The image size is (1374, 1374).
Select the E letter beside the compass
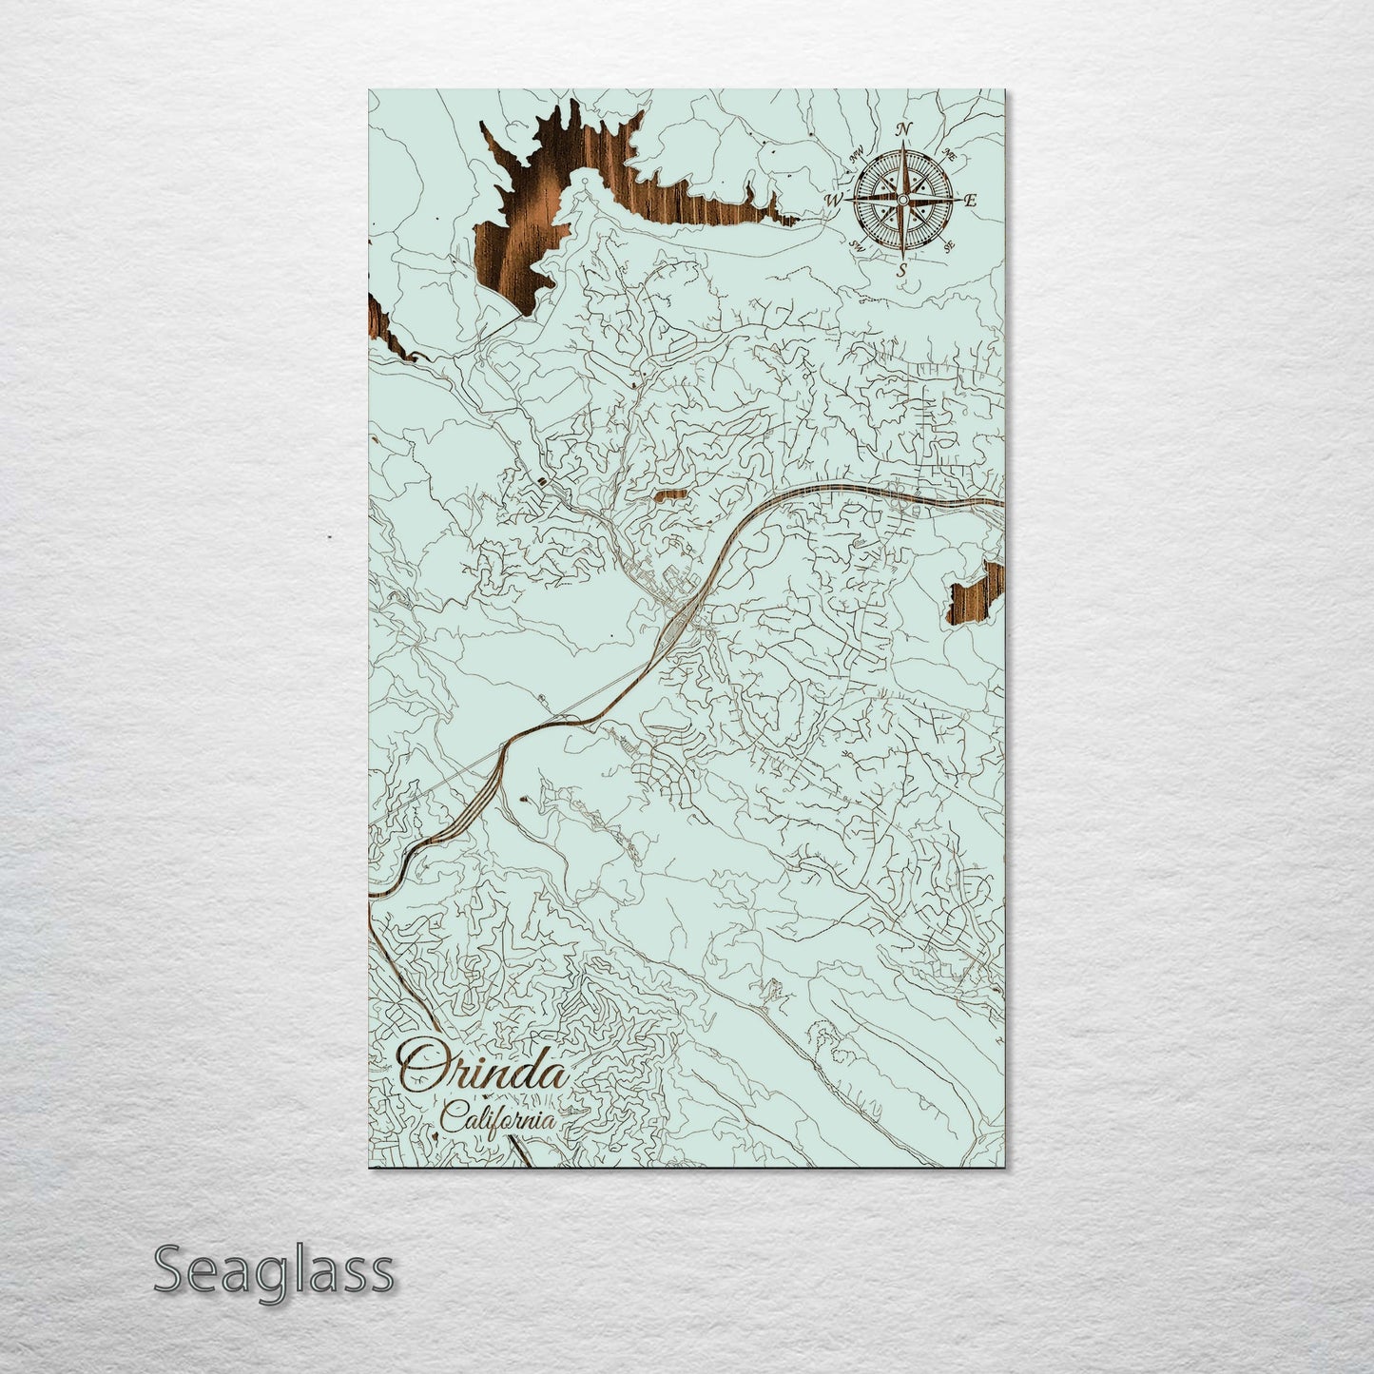click(x=971, y=201)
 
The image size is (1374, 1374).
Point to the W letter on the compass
click(x=834, y=201)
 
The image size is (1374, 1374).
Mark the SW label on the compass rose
click(x=856, y=245)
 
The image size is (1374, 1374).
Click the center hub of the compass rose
click(x=902, y=200)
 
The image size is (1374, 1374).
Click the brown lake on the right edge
click(x=977, y=595)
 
